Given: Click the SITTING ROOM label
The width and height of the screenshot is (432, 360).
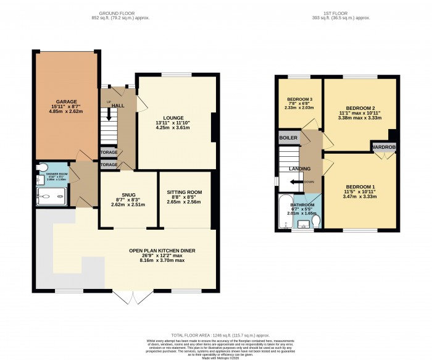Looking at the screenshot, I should point(185,192).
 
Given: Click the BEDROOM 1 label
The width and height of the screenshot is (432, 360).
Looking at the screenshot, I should point(359,186).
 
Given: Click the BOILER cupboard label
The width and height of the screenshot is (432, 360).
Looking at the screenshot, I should point(288,137).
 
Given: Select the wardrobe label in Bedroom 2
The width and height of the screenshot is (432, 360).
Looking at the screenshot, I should point(383,147).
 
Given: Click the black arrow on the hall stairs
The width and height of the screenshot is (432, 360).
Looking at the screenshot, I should point(110,114).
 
